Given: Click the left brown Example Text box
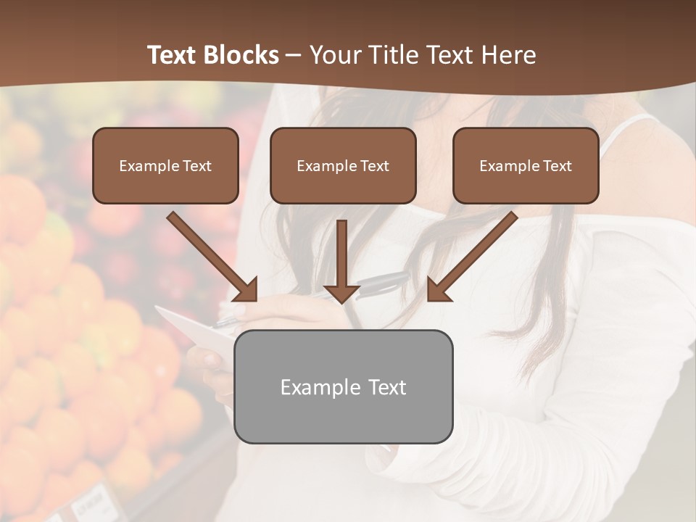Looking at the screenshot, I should click(x=165, y=165).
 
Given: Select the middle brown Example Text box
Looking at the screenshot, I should click(x=343, y=165).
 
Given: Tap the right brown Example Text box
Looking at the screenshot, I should click(x=526, y=165).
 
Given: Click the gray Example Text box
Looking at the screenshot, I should click(x=343, y=386).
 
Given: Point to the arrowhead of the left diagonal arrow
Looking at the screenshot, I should click(x=246, y=290).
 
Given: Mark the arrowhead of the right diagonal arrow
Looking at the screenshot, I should click(x=437, y=290).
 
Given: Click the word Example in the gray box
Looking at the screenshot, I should click(x=316, y=387).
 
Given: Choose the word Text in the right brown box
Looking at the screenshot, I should click(x=557, y=166).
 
